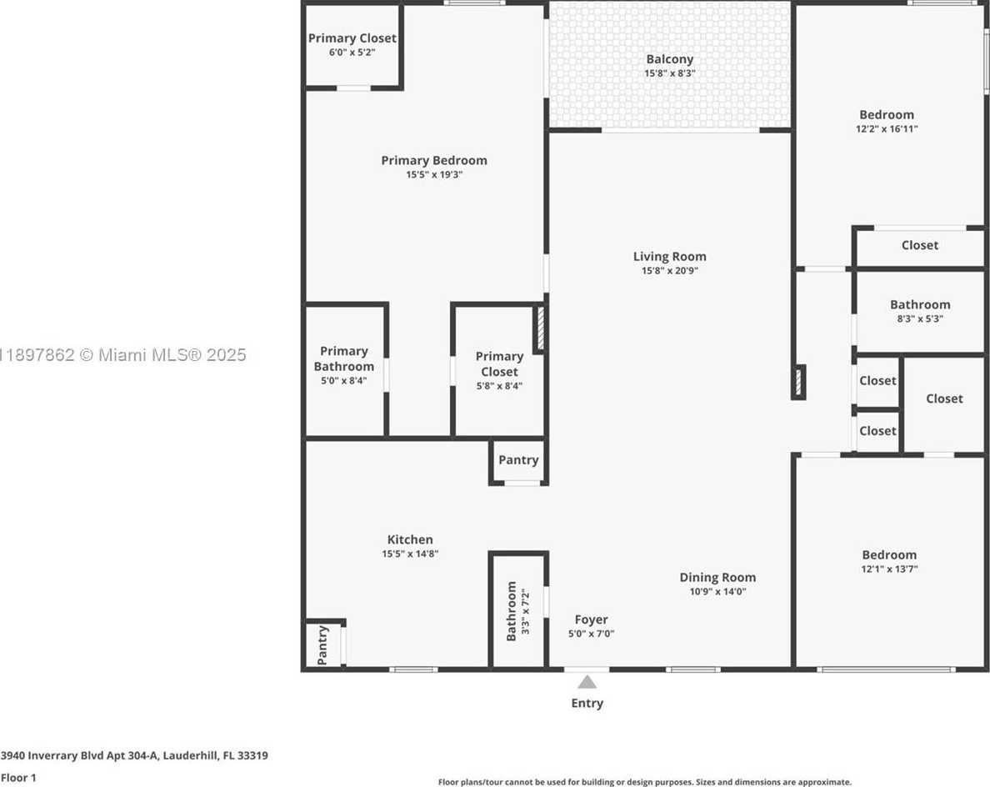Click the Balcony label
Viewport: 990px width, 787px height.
point(669,59)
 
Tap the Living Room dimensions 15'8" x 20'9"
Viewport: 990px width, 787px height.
point(669,271)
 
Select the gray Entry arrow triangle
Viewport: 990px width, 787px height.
point(587,681)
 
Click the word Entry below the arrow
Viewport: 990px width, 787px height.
point(587,703)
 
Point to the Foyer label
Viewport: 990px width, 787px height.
point(591,619)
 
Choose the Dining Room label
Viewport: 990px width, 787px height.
point(717,577)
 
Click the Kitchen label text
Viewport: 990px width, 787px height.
point(410,539)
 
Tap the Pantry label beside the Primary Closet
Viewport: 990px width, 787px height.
point(518,460)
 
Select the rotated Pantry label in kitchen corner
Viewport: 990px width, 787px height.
point(322,645)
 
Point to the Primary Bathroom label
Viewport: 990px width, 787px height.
point(343,358)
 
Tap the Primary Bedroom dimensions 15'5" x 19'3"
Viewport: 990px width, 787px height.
point(434,175)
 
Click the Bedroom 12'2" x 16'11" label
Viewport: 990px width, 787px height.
point(887,121)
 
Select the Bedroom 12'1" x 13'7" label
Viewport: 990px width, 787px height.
point(889,561)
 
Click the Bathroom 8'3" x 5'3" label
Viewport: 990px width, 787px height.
point(920,311)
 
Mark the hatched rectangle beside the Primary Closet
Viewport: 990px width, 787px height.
point(540,329)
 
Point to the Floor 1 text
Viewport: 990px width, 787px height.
point(19,778)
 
